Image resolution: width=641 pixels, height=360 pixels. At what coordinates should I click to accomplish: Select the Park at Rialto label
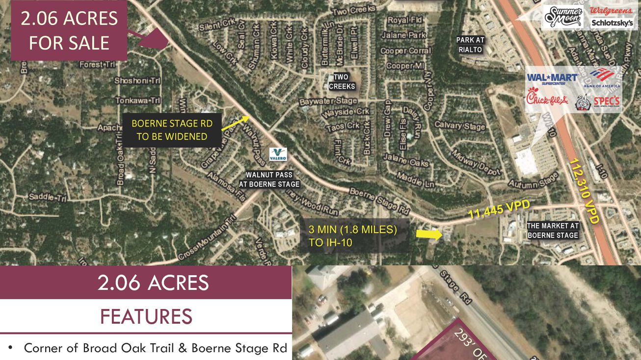470,45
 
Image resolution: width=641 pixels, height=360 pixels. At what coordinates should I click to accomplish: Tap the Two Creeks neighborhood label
342,81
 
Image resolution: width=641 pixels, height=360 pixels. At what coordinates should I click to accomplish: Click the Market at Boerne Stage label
553,231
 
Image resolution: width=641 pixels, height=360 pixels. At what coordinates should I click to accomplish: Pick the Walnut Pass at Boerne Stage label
269,180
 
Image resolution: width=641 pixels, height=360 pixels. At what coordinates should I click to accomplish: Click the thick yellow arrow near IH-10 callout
427,233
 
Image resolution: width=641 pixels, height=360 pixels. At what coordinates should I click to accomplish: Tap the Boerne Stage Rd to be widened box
172,130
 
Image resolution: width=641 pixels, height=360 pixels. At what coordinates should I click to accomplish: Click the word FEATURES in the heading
146,316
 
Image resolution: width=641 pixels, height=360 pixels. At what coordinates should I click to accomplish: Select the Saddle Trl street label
47,198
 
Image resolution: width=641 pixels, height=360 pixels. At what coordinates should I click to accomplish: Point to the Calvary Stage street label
459,126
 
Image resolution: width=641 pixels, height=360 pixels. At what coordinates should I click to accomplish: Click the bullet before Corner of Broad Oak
10,348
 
